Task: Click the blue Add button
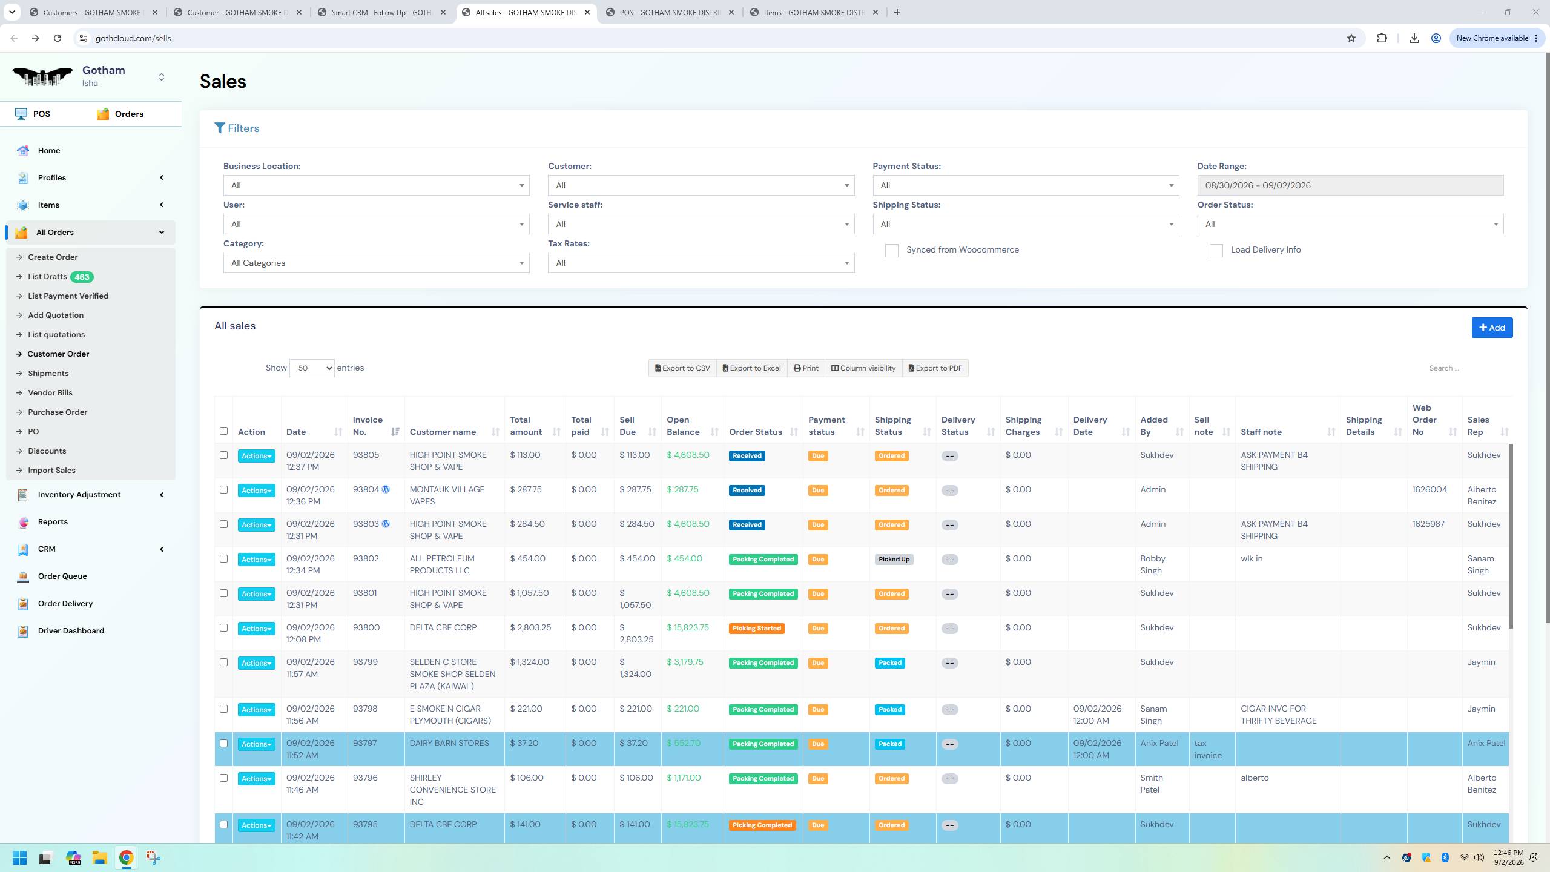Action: tap(1492, 328)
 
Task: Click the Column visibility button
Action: tap(863, 368)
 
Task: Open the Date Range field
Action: tap(1350, 185)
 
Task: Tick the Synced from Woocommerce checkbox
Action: tap(891, 251)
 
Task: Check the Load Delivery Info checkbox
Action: tap(1216, 251)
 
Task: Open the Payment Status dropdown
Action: tap(1026, 185)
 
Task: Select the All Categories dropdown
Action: tap(376, 263)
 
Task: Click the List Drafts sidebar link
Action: tap(47, 277)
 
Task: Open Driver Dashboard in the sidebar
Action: tap(71, 630)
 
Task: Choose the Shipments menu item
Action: tap(48, 374)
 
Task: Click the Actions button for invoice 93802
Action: tap(256, 560)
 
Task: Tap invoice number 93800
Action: tap(366, 627)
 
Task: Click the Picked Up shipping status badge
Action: tap(894, 560)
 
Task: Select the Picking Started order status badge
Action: tap(756, 629)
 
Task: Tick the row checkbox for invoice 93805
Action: tap(223, 455)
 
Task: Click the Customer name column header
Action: tap(443, 432)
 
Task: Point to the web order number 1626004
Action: tap(1430, 489)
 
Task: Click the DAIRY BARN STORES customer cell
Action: tap(449, 743)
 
